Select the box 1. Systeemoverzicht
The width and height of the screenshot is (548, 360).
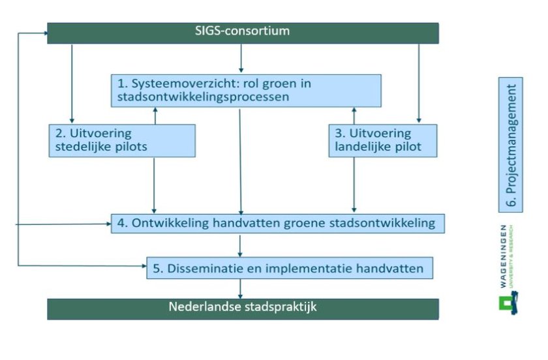click(x=245, y=90)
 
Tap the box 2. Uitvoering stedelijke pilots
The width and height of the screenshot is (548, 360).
click(x=123, y=140)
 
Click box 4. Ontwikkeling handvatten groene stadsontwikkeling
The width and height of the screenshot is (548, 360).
click(x=278, y=223)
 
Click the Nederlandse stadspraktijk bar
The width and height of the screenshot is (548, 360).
click(x=243, y=308)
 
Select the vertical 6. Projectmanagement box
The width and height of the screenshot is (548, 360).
click(x=511, y=145)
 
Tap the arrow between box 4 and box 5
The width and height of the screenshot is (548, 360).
click(x=241, y=245)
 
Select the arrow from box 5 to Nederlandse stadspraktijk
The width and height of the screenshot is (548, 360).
click(x=241, y=288)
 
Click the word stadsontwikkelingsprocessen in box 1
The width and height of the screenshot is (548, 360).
click(x=203, y=97)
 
